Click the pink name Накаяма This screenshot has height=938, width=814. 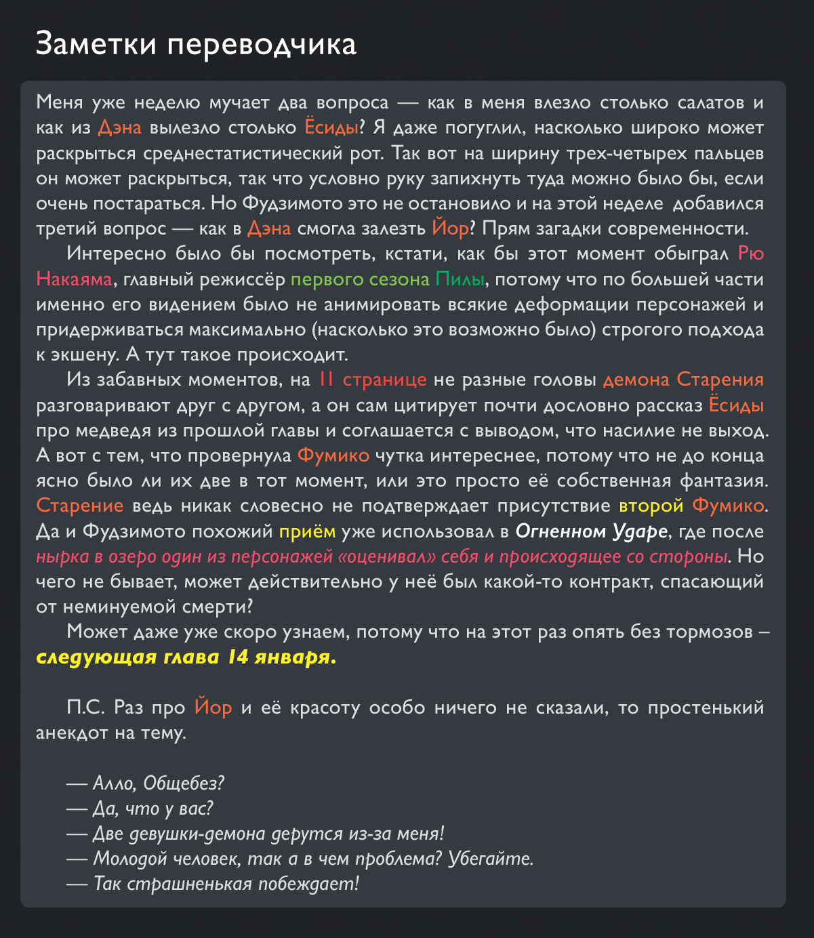click(x=74, y=279)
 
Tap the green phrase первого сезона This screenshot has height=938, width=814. click(x=359, y=279)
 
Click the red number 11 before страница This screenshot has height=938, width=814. click(x=326, y=380)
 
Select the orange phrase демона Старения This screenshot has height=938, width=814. click(x=683, y=380)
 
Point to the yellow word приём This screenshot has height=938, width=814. click(x=307, y=531)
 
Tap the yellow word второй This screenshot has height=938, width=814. click(x=651, y=506)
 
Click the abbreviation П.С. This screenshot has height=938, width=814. click(x=86, y=708)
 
